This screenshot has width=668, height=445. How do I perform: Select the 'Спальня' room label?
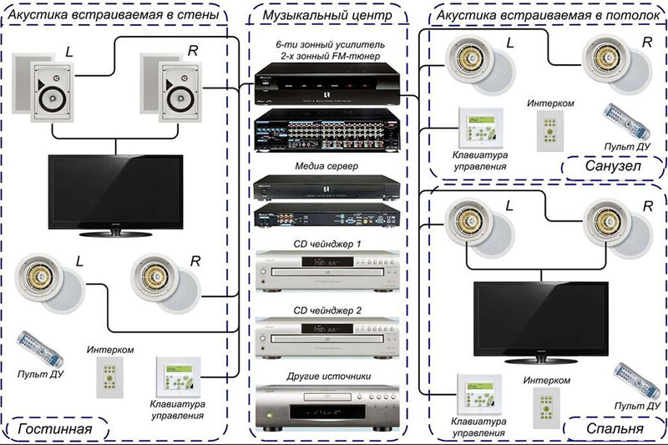[615, 430]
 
